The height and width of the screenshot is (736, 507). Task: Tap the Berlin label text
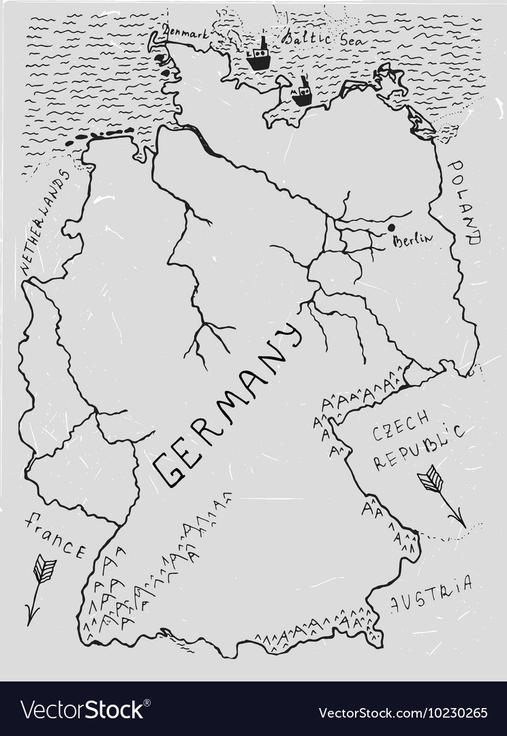click(x=413, y=240)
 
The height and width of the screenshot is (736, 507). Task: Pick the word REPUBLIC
click(x=418, y=448)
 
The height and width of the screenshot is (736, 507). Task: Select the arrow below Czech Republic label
click(x=442, y=497)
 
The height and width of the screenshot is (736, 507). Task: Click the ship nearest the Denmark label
click(x=258, y=57)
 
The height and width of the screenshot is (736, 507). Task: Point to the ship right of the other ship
click(x=302, y=91)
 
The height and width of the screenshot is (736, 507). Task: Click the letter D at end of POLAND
click(x=474, y=239)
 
